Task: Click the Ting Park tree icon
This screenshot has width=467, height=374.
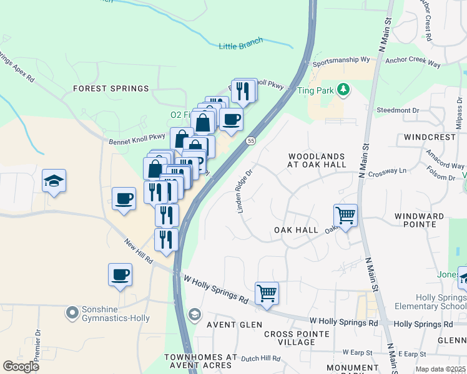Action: pyautogui.click(x=343, y=90)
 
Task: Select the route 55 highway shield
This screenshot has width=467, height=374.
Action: pyautogui.click(x=250, y=141)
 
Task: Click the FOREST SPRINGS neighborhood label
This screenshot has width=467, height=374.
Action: pyautogui.click(x=111, y=89)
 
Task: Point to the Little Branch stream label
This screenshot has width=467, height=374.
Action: pyautogui.click(x=241, y=44)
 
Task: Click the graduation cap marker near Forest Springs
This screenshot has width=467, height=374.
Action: pyautogui.click(x=54, y=181)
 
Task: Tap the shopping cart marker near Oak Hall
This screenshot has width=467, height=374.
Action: pyautogui.click(x=345, y=216)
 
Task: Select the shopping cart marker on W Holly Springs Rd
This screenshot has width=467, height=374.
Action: pyautogui.click(x=267, y=293)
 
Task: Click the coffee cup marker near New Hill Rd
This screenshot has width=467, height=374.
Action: pyautogui.click(x=120, y=274)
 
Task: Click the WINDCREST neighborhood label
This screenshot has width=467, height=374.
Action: pyautogui.click(x=430, y=136)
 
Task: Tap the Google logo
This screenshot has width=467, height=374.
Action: pyautogui.click(x=21, y=367)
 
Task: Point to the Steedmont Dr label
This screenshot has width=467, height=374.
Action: pyautogui.click(x=398, y=110)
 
